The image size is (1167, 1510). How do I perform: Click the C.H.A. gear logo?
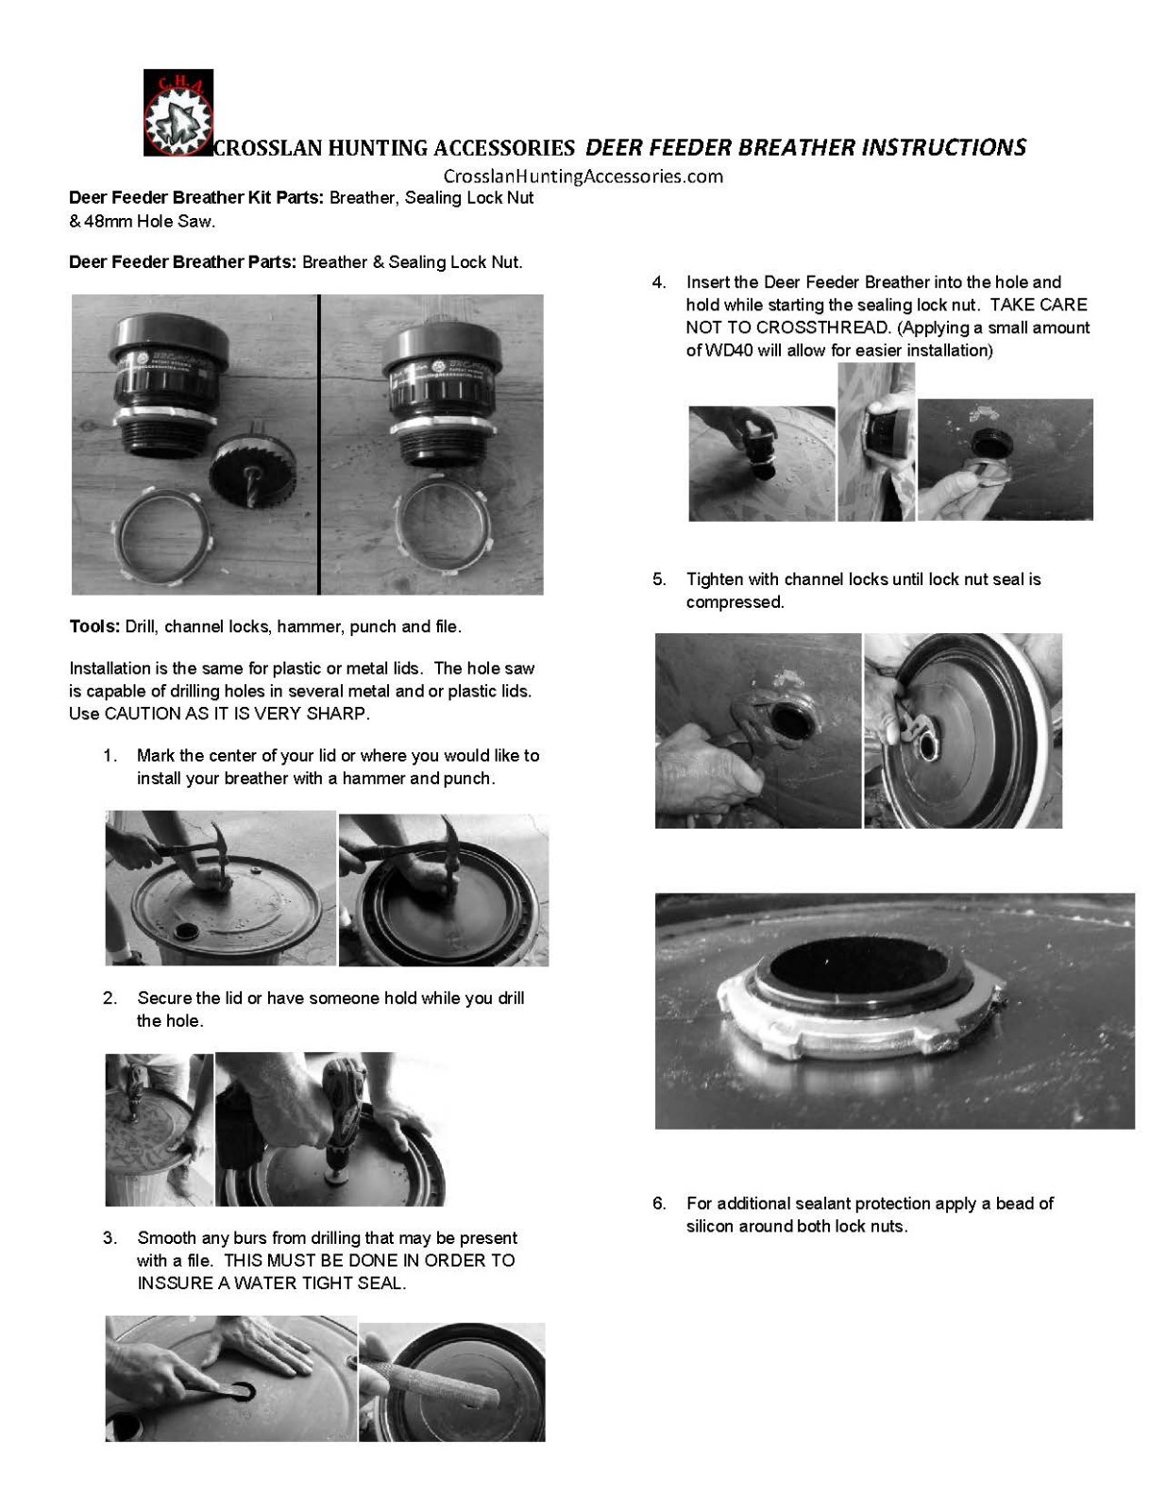(x=178, y=112)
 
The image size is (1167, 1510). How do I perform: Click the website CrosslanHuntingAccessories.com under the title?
(x=583, y=176)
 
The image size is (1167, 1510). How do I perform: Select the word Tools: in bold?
(x=94, y=627)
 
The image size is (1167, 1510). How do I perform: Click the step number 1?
(x=110, y=756)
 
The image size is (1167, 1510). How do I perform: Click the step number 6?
(x=659, y=1203)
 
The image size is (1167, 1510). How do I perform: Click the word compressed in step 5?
(x=735, y=602)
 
